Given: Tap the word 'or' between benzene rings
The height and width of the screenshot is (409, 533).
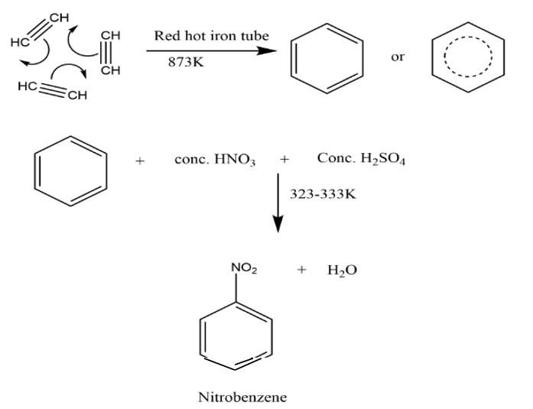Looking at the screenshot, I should point(397,57).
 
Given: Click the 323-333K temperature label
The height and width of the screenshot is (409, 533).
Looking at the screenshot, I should point(323,194).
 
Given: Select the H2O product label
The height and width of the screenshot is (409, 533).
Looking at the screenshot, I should point(343,271).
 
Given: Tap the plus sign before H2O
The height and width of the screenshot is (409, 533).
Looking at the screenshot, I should point(302,271).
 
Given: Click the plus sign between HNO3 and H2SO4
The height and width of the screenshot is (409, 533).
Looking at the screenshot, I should point(284,161).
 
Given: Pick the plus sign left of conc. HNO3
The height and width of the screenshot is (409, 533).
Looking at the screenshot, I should point(140,161).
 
